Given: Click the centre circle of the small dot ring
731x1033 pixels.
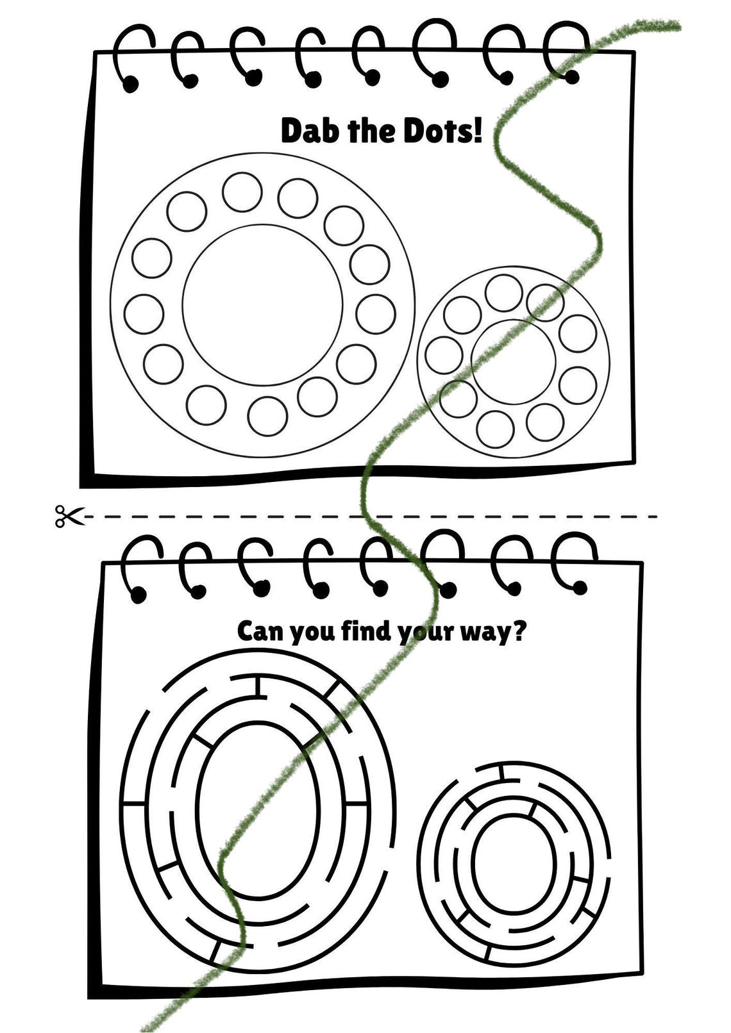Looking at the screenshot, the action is coord(513,357).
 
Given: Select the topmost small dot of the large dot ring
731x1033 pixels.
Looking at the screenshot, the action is coord(242,192).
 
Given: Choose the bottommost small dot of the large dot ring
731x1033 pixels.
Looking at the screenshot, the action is coord(267,416).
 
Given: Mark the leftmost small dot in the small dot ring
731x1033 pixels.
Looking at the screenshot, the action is coord(444,355).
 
